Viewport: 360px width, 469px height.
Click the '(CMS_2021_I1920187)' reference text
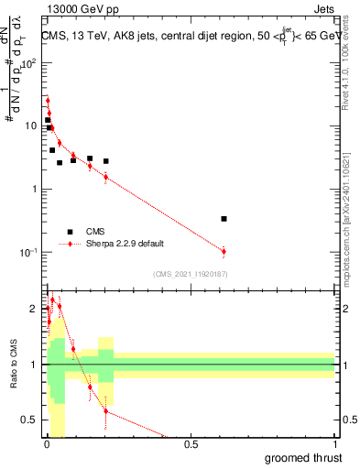(x=190, y=274)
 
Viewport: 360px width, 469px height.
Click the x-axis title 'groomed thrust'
(x=302, y=457)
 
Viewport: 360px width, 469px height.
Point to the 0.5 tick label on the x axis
(x=191, y=445)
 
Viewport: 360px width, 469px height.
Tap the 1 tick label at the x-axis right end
(x=334, y=445)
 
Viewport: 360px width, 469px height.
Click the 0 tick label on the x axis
(x=47, y=445)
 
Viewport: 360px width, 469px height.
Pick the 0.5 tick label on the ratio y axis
(x=29, y=420)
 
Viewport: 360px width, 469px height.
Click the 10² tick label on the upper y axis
(x=27, y=64)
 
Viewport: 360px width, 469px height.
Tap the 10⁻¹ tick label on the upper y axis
(x=27, y=252)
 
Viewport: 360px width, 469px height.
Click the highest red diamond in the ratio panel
(x=52, y=300)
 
